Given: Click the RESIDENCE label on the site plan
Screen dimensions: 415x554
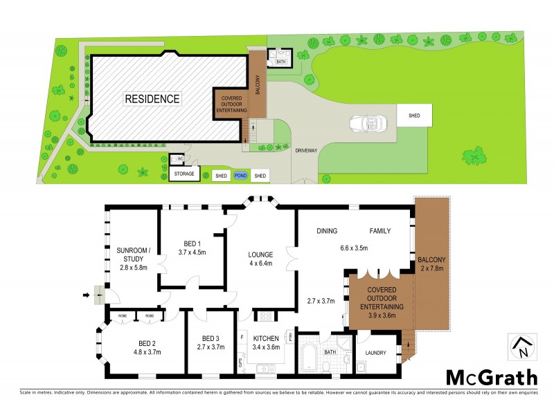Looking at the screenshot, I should pyautogui.click(x=152, y=99).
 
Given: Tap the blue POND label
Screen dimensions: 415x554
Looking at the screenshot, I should pyautogui.click(x=240, y=176).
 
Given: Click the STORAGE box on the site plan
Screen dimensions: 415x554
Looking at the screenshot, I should pyautogui.click(x=184, y=174).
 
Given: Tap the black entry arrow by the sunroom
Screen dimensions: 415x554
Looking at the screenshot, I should pyautogui.click(x=86, y=296).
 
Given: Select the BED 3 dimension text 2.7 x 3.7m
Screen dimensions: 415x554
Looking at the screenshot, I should pyautogui.click(x=211, y=347).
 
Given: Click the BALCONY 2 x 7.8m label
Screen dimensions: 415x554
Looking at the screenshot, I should pyautogui.click(x=433, y=266).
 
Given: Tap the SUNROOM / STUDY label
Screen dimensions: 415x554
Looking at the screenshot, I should pyautogui.click(x=133, y=259).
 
